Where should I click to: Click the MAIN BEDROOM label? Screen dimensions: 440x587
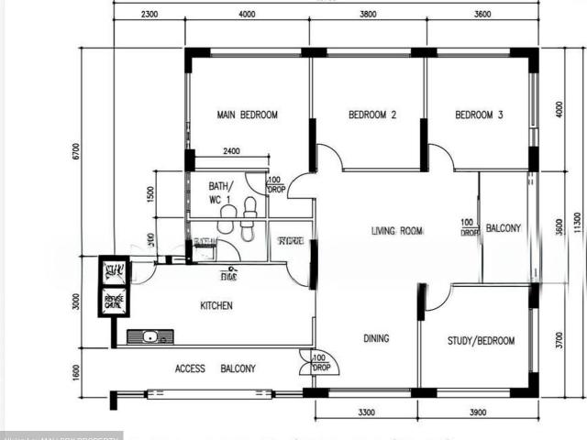[x=247, y=115]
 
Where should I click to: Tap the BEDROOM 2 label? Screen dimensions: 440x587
[x=372, y=115]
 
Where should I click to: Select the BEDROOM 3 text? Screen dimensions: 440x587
[x=480, y=115]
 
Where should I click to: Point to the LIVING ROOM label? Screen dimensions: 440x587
[x=397, y=232]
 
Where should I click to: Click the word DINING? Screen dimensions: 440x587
[x=376, y=338]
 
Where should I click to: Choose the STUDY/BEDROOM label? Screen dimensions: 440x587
[x=481, y=341]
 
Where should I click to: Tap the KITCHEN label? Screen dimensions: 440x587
[x=216, y=305]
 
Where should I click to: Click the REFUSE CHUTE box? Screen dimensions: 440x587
[x=115, y=300]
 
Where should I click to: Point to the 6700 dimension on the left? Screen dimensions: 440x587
[x=76, y=151]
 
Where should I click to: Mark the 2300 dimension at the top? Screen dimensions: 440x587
[x=150, y=14]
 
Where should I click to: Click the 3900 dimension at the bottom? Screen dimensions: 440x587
[x=477, y=414]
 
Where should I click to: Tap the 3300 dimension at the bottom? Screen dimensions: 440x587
[x=367, y=414]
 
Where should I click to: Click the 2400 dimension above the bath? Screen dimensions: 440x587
[x=231, y=151]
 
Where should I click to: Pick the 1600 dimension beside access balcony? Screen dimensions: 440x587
[x=76, y=372]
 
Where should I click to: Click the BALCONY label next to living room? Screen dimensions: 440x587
[x=503, y=228]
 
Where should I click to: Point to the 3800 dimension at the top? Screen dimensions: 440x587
[x=367, y=14]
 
